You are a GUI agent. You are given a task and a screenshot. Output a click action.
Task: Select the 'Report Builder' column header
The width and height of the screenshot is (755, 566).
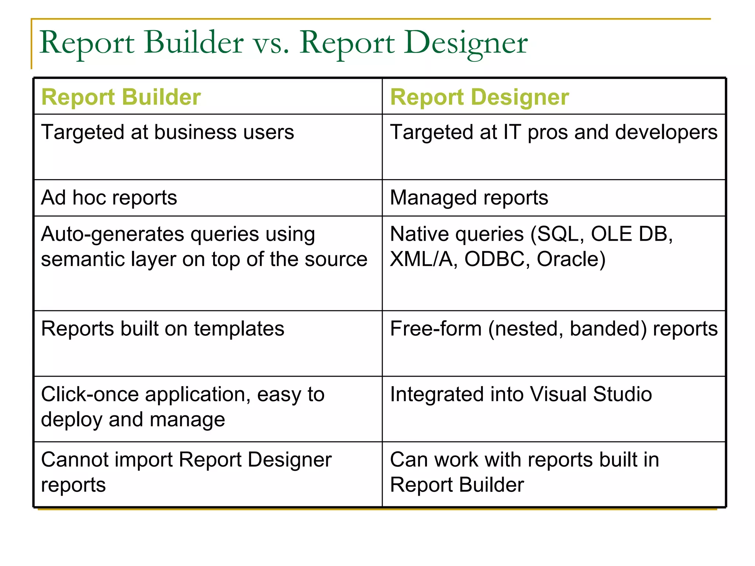pyautogui.click(x=121, y=97)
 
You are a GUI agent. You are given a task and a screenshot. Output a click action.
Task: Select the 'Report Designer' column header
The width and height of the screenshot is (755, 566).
pyautogui.click(x=479, y=97)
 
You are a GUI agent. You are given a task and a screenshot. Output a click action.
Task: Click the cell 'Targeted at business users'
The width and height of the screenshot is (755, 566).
pyautogui.click(x=167, y=132)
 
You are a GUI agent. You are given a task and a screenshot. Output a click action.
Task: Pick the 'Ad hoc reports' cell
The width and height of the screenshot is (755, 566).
pyautogui.click(x=109, y=198)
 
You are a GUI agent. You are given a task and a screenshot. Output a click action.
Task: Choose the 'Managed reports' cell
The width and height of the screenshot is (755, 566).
pyautogui.click(x=469, y=198)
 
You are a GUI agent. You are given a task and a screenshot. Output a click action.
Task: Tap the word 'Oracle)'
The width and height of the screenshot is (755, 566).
pyautogui.click(x=571, y=259)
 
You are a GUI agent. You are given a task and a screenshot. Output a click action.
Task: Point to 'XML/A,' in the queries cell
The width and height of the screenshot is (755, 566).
pyautogui.click(x=424, y=259)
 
